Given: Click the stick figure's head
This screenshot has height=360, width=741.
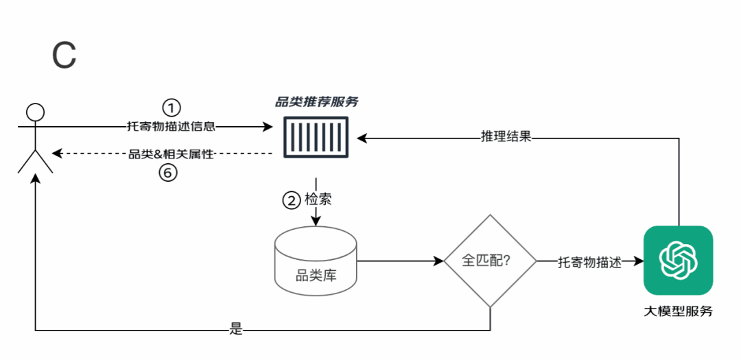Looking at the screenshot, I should [x=34, y=112].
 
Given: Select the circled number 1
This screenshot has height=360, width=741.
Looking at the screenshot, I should [x=172, y=108].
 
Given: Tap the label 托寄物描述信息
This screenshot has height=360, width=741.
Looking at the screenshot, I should [x=172, y=126].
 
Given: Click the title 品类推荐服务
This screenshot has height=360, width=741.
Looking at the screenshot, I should [x=316, y=102].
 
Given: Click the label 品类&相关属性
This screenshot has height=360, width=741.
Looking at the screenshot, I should [x=172, y=154].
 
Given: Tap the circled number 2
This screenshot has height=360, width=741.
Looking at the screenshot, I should [x=292, y=201].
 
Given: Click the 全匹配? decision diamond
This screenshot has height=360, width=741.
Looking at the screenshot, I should [x=490, y=261].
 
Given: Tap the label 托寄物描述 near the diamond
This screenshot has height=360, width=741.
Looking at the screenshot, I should [x=589, y=262].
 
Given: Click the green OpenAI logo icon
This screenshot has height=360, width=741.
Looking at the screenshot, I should [x=678, y=261].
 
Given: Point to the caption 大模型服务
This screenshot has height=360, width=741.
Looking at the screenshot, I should [x=678, y=311].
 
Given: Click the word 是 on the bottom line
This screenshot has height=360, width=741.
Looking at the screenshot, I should [x=236, y=330].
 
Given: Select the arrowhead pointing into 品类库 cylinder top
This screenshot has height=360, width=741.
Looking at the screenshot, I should [x=316, y=221].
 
